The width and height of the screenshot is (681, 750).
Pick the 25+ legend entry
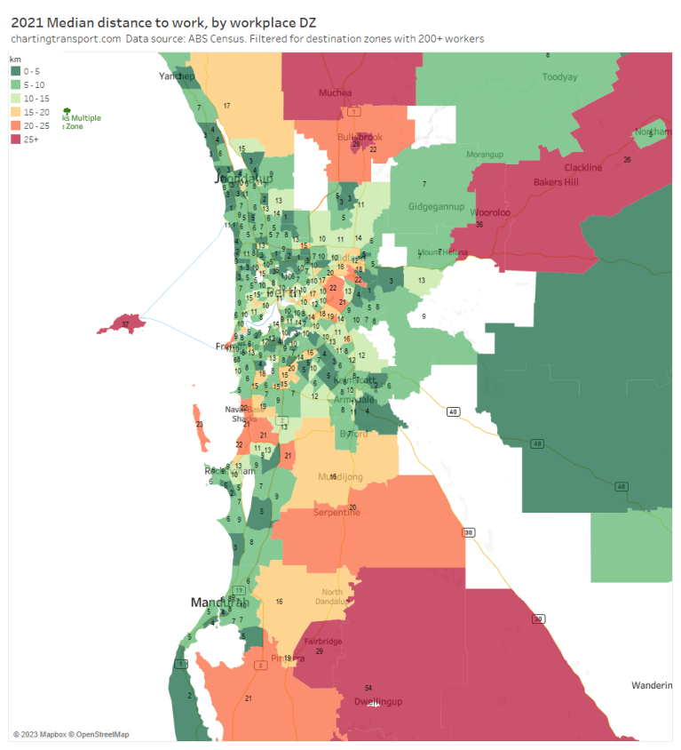[x=29, y=139]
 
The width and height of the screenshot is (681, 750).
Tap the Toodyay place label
[x=560, y=76]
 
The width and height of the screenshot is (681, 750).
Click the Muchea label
[x=336, y=92]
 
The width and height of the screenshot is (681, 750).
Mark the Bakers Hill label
[x=556, y=182]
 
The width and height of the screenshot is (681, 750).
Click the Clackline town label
[x=582, y=167]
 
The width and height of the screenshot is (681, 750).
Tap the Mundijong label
[x=341, y=477]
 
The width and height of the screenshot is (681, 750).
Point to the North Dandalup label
[x=332, y=597]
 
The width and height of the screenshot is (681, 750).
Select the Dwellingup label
[x=378, y=702]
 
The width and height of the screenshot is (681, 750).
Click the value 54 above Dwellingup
[x=368, y=688]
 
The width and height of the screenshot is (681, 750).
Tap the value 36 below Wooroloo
[x=479, y=224]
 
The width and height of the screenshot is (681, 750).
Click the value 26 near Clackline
[x=627, y=160]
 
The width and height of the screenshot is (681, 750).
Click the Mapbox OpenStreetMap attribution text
[x=71, y=734]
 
